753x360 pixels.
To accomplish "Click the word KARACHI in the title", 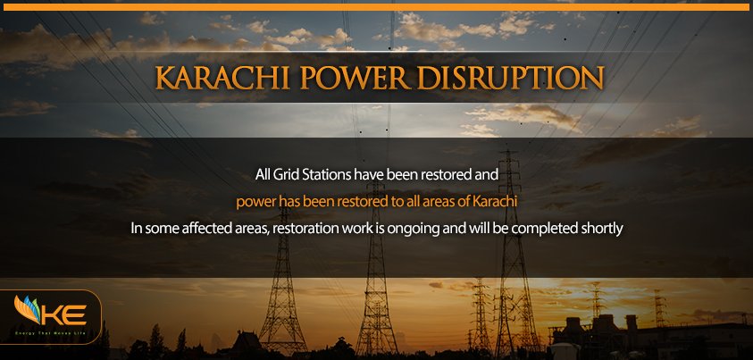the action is [x=222, y=78].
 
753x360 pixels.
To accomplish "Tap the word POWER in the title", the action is [x=356, y=78].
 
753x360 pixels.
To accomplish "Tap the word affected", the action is [x=204, y=229].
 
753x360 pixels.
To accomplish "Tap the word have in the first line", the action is [x=366, y=175].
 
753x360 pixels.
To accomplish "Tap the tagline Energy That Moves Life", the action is [x=51, y=332].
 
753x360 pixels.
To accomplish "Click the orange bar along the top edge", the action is [x=377, y=7].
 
